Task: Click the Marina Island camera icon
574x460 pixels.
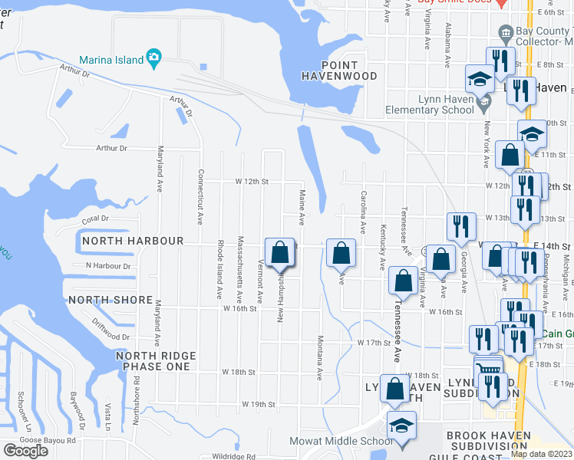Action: [x=153, y=58]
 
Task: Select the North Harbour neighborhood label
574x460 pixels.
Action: [x=133, y=241]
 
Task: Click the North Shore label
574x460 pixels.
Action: [x=106, y=299]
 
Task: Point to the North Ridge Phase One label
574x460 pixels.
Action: [x=156, y=361]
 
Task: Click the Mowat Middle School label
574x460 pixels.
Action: [x=341, y=441]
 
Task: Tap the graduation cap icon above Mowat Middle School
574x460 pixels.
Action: [x=402, y=426]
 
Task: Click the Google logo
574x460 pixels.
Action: [x=25, y=451]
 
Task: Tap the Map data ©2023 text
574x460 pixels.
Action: [x=542, y=454]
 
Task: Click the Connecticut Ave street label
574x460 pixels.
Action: [x=200, y=197]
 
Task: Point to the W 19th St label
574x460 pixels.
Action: [x=258, y=403]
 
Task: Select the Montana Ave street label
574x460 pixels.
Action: [x=320, y=359]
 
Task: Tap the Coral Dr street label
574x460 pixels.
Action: [x=95, y=219]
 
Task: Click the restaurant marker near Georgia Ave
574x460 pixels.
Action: [x=463, y=227]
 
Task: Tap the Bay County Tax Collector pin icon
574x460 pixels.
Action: [x=506, y=33]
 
